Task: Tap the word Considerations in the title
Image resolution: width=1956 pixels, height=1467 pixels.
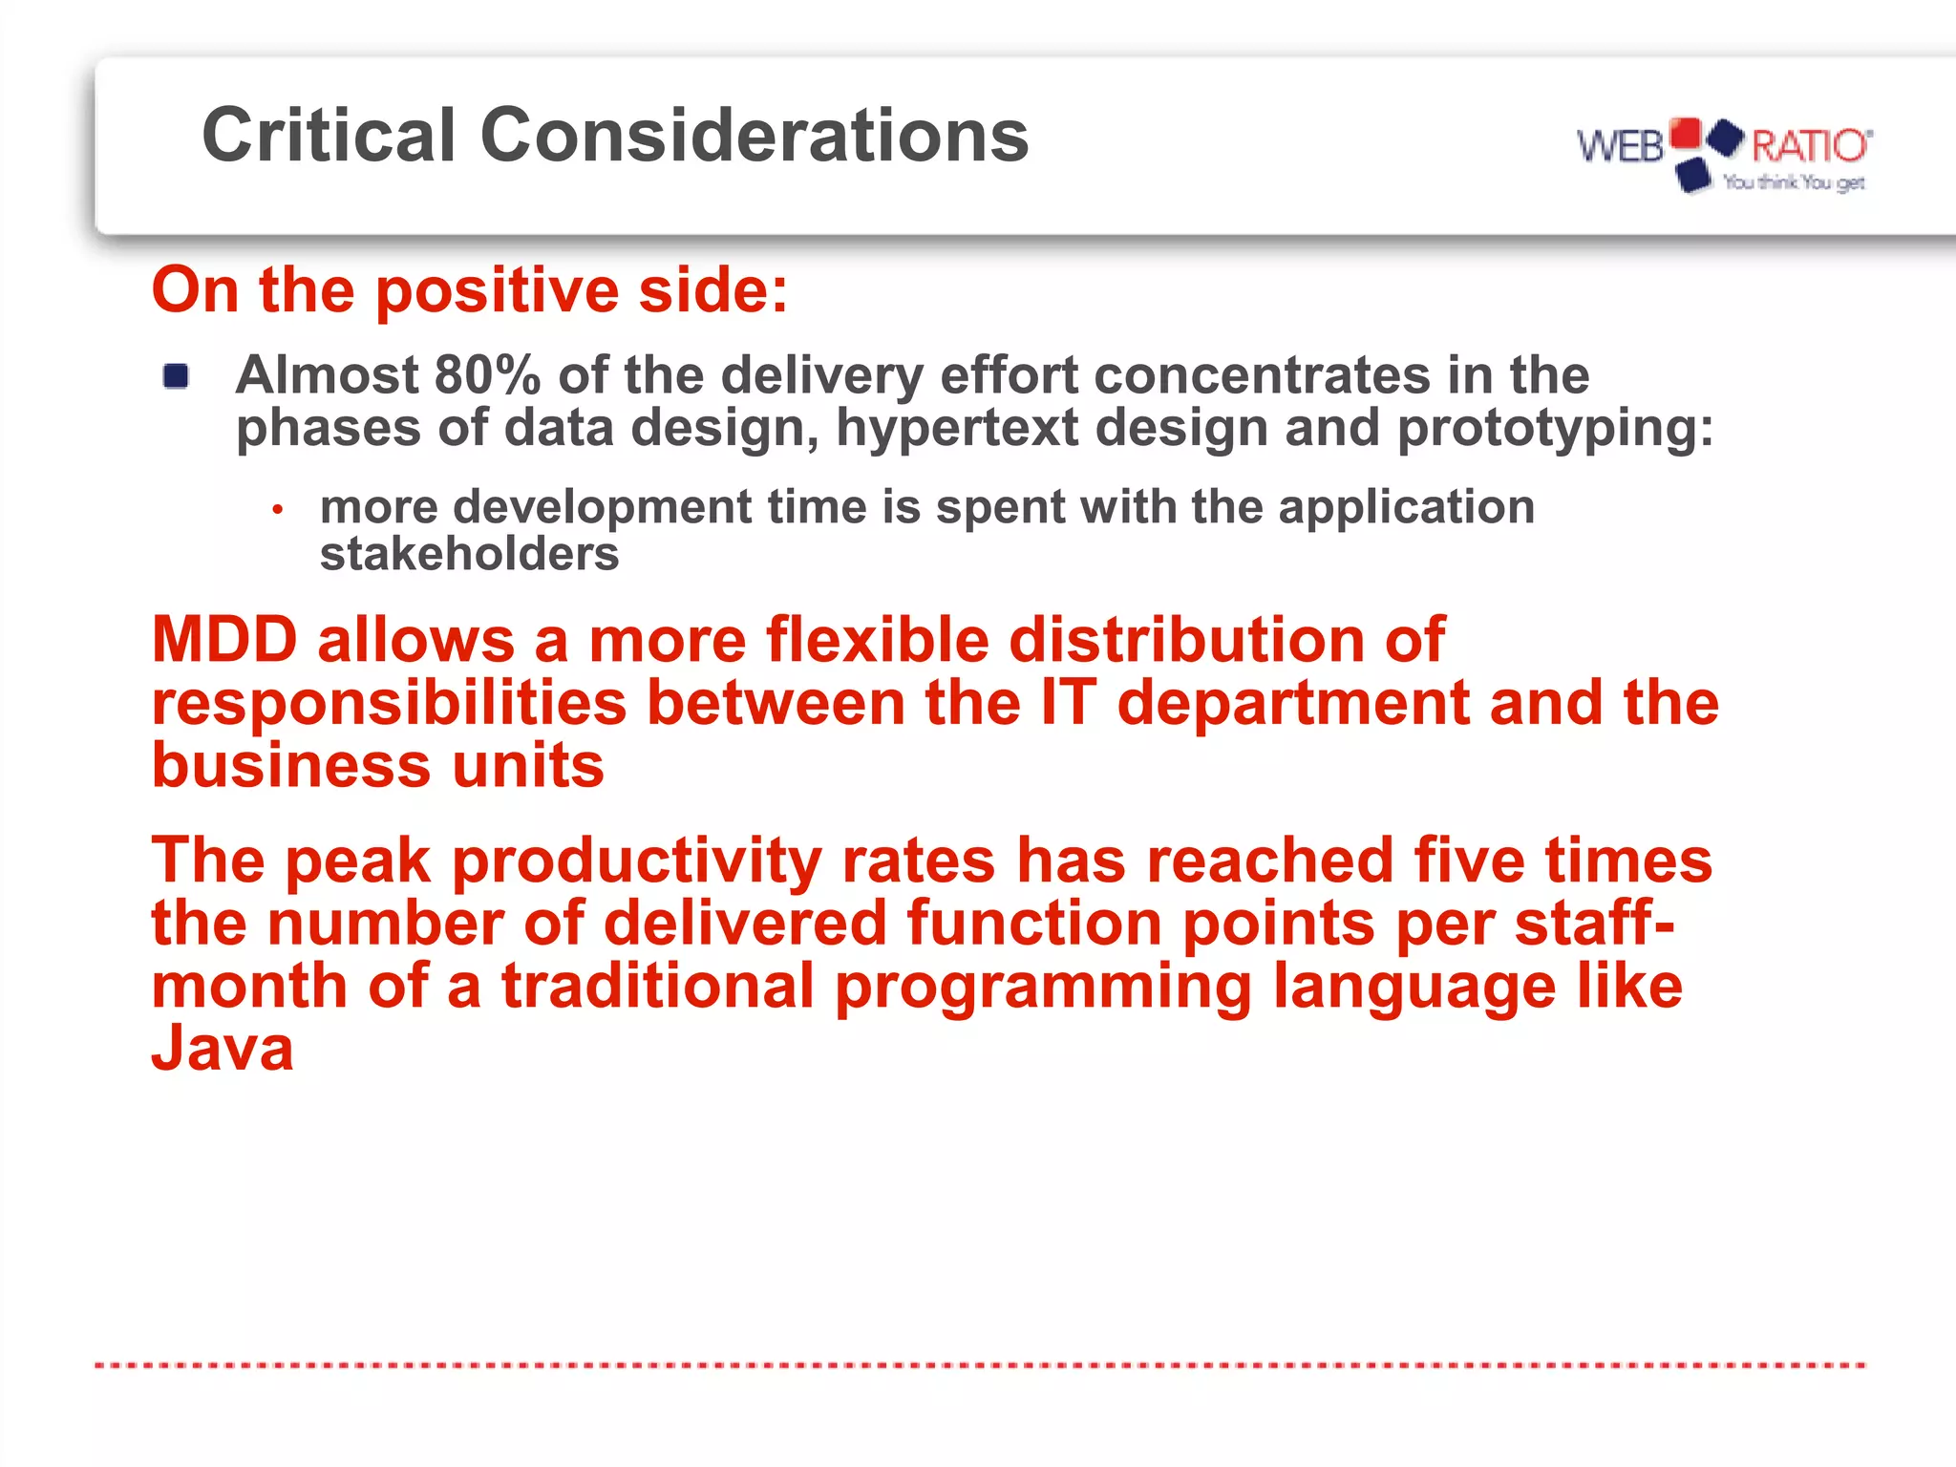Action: point(755,136)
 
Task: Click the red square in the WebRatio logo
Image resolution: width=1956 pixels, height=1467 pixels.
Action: point(1686,133)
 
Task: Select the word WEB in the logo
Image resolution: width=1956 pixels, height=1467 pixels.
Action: point(1620,147)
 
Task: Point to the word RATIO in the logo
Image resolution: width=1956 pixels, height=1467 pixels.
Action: point(1808,146)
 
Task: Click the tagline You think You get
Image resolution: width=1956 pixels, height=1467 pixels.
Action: point(1794,182)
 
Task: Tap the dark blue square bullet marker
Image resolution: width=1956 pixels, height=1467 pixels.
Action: point(176,376)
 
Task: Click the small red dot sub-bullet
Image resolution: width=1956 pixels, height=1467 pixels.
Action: point(277,510)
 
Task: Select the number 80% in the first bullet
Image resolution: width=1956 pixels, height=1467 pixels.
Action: point(487,374)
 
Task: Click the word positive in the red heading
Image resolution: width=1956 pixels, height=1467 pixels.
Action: point(497,290)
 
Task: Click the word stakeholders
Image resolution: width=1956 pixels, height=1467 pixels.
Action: point(469,554)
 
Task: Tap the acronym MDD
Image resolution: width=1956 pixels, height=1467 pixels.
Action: point(225,639)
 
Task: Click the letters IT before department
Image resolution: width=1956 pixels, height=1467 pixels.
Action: point(1068,703)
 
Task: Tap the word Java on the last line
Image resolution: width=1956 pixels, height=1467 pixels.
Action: point(223,1049)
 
